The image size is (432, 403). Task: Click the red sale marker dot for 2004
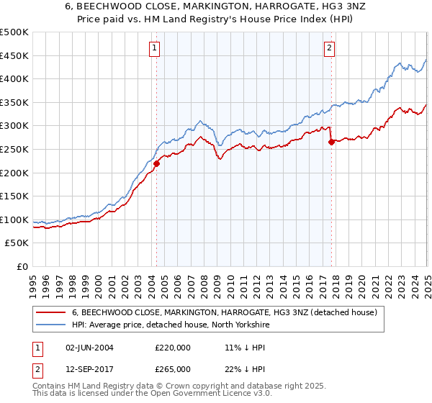click(x=156, y=163)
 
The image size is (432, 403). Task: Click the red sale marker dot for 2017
click(x=331, y=142)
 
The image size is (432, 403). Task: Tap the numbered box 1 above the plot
click(x=156, y=49)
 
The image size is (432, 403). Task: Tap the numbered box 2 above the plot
click(x=329, y=49)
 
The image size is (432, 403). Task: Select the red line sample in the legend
click(x=50, y=313)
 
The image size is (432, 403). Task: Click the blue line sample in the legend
click(x=50, y=325)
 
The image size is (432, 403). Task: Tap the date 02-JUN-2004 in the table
click(x=89, y=348)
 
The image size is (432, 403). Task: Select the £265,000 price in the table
click(x=173, y=369)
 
